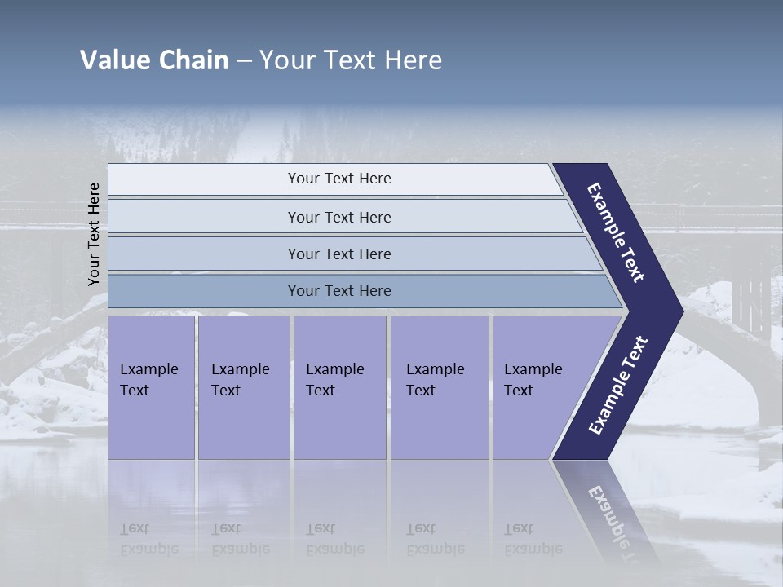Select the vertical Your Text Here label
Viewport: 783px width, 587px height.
pos(94,235)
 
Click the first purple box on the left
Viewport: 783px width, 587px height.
pos(151,386)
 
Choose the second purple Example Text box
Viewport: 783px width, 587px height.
pos(243,386)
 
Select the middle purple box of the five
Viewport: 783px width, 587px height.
pos(339,386)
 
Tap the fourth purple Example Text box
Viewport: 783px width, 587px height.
pos(439,386)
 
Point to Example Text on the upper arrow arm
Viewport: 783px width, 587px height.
pos(616,232)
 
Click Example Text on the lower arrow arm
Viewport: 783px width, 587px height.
pos(618,386)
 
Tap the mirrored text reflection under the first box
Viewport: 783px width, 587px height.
pos(149,538)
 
